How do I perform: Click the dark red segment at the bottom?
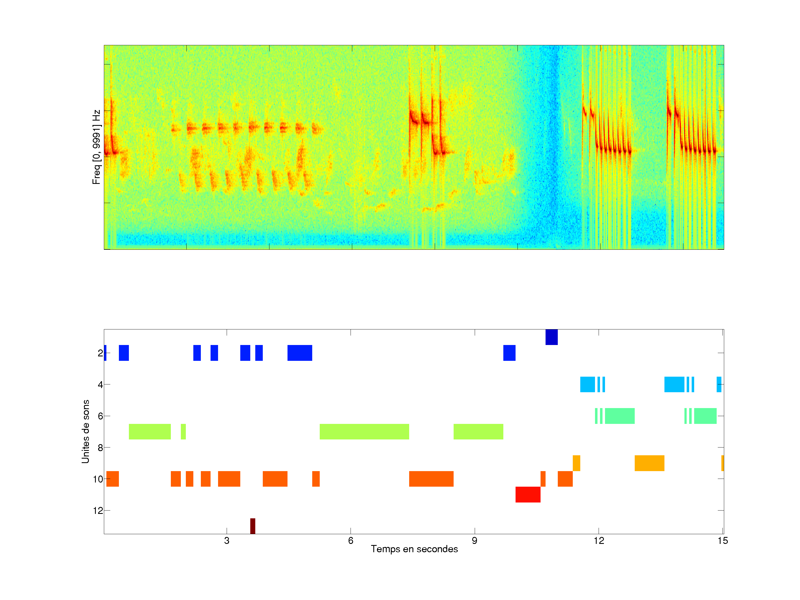(252, 526)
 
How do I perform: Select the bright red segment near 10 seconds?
(528, 494)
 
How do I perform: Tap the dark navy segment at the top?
(551, 337)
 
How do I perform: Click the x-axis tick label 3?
(227, 541)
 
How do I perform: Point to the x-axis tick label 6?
(351, 541)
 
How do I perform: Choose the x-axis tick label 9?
(474, 541)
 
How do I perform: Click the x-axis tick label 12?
(599, 541)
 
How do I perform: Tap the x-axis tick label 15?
(722, 541)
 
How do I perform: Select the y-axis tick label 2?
(100, 353)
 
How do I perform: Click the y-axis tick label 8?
(100, 448)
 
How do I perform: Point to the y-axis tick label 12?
(98, 511)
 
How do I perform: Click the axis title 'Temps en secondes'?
(414, 549)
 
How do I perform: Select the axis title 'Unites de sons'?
(85, 431)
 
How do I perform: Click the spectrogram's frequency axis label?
(96, 147)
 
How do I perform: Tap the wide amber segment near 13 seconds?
(649, 463)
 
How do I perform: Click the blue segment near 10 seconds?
(509, 353)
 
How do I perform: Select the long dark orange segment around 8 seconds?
(431, 479)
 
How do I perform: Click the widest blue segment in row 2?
(299, 353)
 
